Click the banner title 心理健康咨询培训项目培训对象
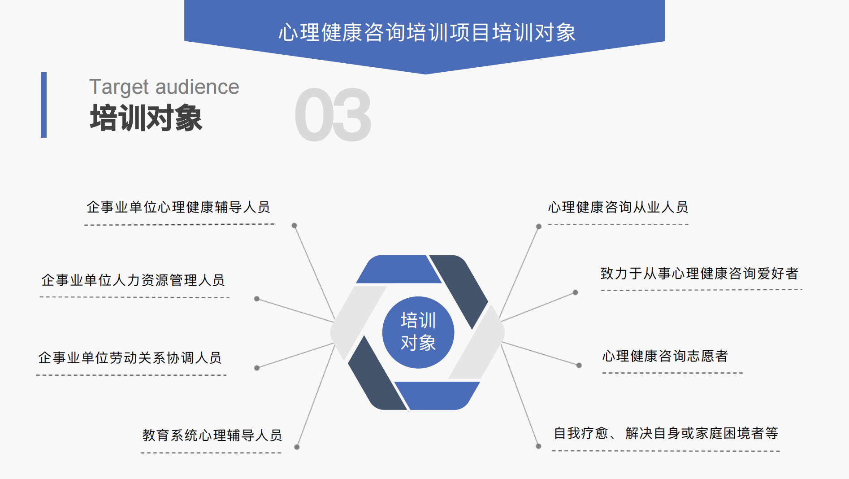(427, 32)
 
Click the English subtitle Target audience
(164, 87)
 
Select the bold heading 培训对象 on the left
(146, 118)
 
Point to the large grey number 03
(333, 115)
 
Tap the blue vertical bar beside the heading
(44, 105)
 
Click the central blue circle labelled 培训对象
(418, 332)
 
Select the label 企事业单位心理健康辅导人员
(178, 207)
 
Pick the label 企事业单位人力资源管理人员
(133, 280)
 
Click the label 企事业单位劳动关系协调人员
(130, 358)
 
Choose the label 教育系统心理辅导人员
(212, 435)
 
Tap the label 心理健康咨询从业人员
(618, 207)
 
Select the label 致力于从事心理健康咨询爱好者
(699, 273)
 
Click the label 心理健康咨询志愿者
(665, 356)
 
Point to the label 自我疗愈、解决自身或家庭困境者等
(666, 433)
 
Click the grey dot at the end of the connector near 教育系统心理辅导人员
(297, 447)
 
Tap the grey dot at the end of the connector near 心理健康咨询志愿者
(579, 366)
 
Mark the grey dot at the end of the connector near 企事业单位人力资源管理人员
(257, 299)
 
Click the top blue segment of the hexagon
(398, 269)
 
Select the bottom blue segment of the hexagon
(437, 396)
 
